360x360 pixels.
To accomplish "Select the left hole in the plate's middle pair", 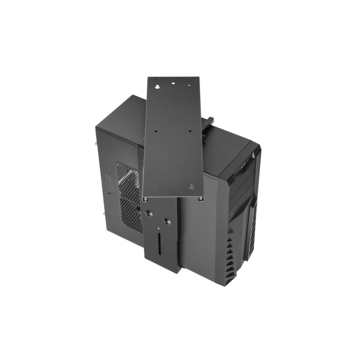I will [x=155, y=131].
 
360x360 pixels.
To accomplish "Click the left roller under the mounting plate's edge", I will [x=145, y=198].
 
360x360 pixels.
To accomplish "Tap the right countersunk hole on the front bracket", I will [x=167, y=221].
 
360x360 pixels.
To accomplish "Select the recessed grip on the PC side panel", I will [x=108, y=184].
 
